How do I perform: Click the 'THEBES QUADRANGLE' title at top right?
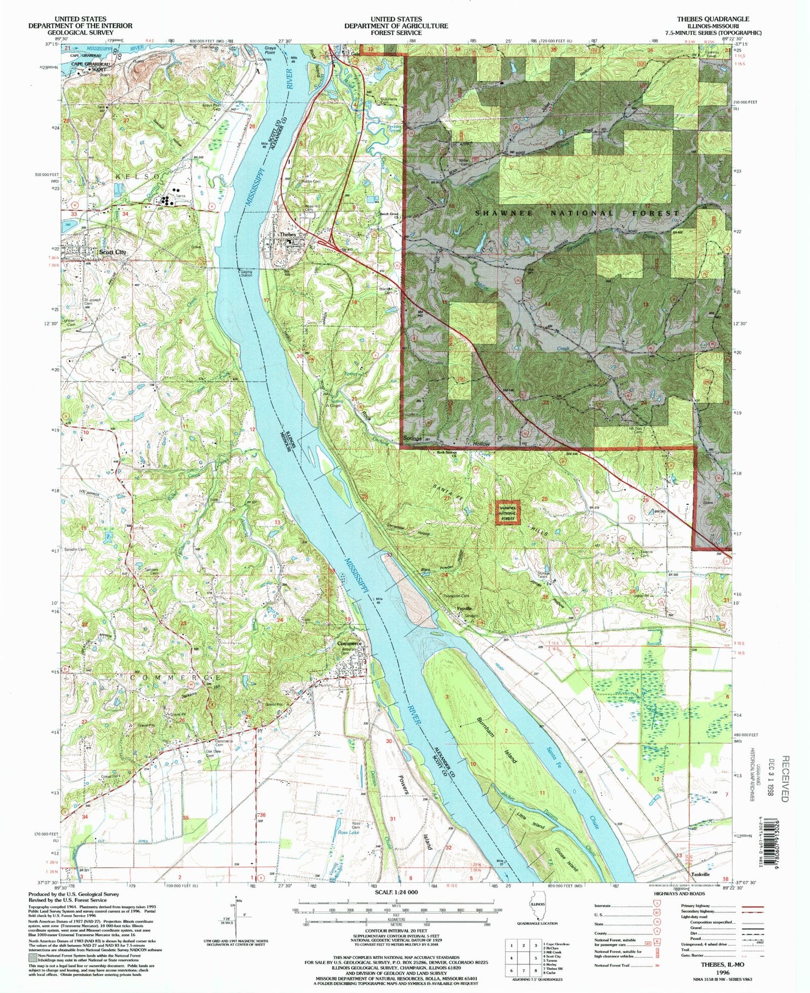click(715, 19)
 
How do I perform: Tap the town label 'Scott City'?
click(112, 252)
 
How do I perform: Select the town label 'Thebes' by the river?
click(287, 235)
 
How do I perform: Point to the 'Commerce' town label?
click(349, 644)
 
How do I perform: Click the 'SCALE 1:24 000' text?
click(396, 893)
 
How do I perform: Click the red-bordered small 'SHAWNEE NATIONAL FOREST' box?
click(508, 513)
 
